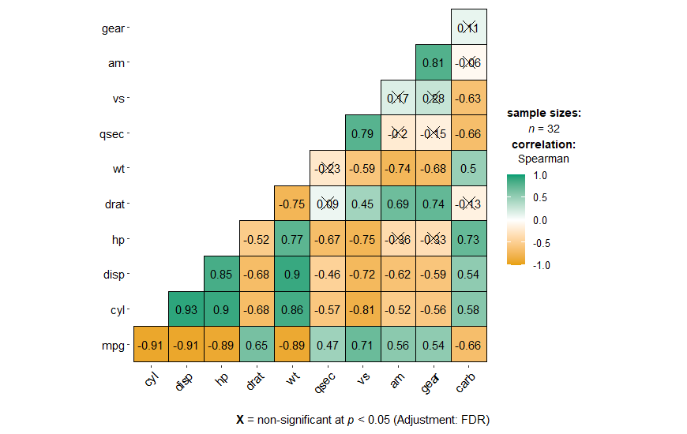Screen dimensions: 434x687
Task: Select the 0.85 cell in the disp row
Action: [x=221, y=274]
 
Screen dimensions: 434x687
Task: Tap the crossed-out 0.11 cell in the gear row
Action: [x=469, y=27]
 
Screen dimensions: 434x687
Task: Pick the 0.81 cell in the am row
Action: [x=434, y=62]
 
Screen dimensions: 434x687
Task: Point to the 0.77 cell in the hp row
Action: [x=291, y=238]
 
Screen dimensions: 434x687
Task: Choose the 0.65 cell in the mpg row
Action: [x=257, y=345]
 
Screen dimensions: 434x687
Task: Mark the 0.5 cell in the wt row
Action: [x=469, y=168]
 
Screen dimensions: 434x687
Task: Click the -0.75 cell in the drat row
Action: [x=291, y=204]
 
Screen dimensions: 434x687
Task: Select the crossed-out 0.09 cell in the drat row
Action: [x=327, y=204]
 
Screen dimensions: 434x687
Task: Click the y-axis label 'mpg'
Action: [x=112, y=345]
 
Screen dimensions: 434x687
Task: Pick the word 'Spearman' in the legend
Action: [x=543, y=158]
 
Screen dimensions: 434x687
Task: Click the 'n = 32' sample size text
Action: [x=543, y=129]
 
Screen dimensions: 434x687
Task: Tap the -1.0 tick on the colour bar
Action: [x=542, y=266]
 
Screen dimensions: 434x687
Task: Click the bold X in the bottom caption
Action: [x=240, y=419]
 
